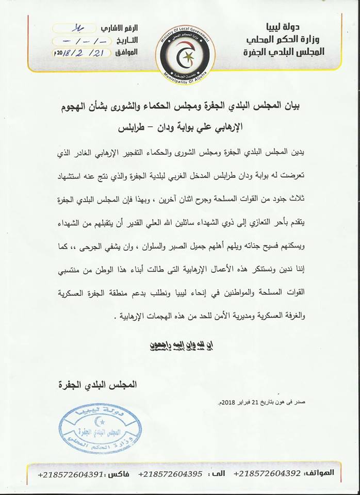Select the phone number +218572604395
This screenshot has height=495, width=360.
click(170, 473)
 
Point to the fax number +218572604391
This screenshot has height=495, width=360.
click(70, 473)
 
